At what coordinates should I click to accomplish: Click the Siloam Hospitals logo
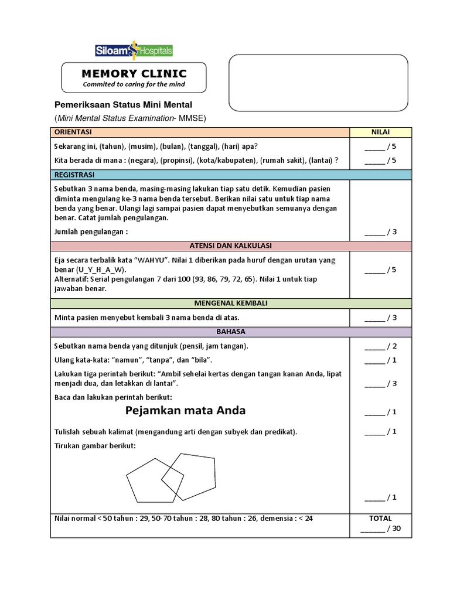(134, 52)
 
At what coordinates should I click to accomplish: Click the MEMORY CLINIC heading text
(134, 74)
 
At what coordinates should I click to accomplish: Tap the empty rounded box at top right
(318, 83)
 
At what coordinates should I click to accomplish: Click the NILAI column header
(380, 132)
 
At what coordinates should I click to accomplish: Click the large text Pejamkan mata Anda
(186, 410)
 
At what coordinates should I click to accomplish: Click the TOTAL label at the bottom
(380, 519)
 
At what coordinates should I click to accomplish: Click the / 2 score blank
(380, 346)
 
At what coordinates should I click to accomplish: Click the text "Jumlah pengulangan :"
(91, 231)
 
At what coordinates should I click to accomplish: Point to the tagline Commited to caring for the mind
(134, 84)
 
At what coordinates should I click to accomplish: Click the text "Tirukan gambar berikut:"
(94, 446)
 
